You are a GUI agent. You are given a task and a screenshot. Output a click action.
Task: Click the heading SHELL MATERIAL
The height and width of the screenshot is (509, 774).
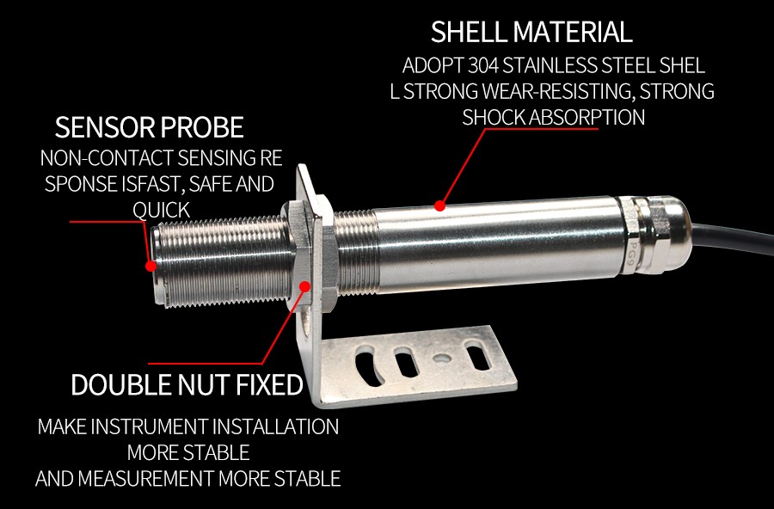(x=531, y=33)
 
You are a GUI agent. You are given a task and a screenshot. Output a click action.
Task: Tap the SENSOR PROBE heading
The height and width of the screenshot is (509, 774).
(x=150, y=128)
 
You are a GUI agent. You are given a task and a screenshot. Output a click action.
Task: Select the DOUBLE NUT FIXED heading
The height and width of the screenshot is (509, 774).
(x=187, y=385)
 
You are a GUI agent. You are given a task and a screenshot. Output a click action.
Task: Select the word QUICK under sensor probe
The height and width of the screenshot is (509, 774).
(x=161, y=210)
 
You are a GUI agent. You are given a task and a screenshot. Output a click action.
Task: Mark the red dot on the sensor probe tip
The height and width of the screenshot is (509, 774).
(x=151, y=266)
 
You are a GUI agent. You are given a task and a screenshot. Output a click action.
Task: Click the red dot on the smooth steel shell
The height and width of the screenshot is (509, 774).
(x=439, y=205)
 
